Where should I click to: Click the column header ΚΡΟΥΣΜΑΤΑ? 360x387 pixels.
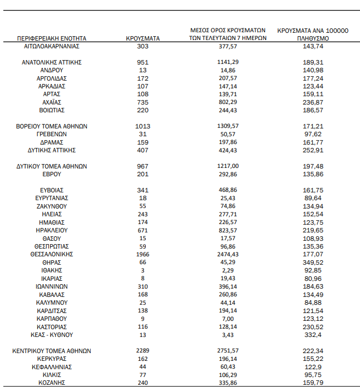(143, 38)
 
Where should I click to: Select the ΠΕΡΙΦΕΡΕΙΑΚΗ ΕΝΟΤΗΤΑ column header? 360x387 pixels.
(52, 38)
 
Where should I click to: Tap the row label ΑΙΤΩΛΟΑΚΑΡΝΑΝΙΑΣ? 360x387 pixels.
(52, 47)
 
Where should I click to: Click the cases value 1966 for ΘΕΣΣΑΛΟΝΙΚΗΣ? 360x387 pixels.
(143, 254)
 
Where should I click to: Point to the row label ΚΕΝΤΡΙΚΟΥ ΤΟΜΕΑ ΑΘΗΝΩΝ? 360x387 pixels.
(52, 351)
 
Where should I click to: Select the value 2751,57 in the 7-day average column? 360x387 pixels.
(228, 351)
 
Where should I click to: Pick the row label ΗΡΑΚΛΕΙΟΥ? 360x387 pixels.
(52, 230)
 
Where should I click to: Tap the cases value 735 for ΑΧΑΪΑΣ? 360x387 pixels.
(143, 103)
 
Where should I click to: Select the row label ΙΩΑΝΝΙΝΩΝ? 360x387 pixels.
(52, 286)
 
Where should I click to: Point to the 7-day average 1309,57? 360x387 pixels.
(228, 127)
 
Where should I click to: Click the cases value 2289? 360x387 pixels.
(143, 351)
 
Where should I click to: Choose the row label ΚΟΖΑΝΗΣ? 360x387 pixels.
(52, 383)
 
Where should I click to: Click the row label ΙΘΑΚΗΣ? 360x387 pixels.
(52, 270)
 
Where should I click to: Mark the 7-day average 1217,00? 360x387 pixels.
(228, 166)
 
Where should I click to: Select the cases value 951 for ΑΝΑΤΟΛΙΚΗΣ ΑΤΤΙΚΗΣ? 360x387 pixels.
(143, 63)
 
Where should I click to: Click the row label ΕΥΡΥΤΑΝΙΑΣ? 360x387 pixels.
(52, 198)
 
